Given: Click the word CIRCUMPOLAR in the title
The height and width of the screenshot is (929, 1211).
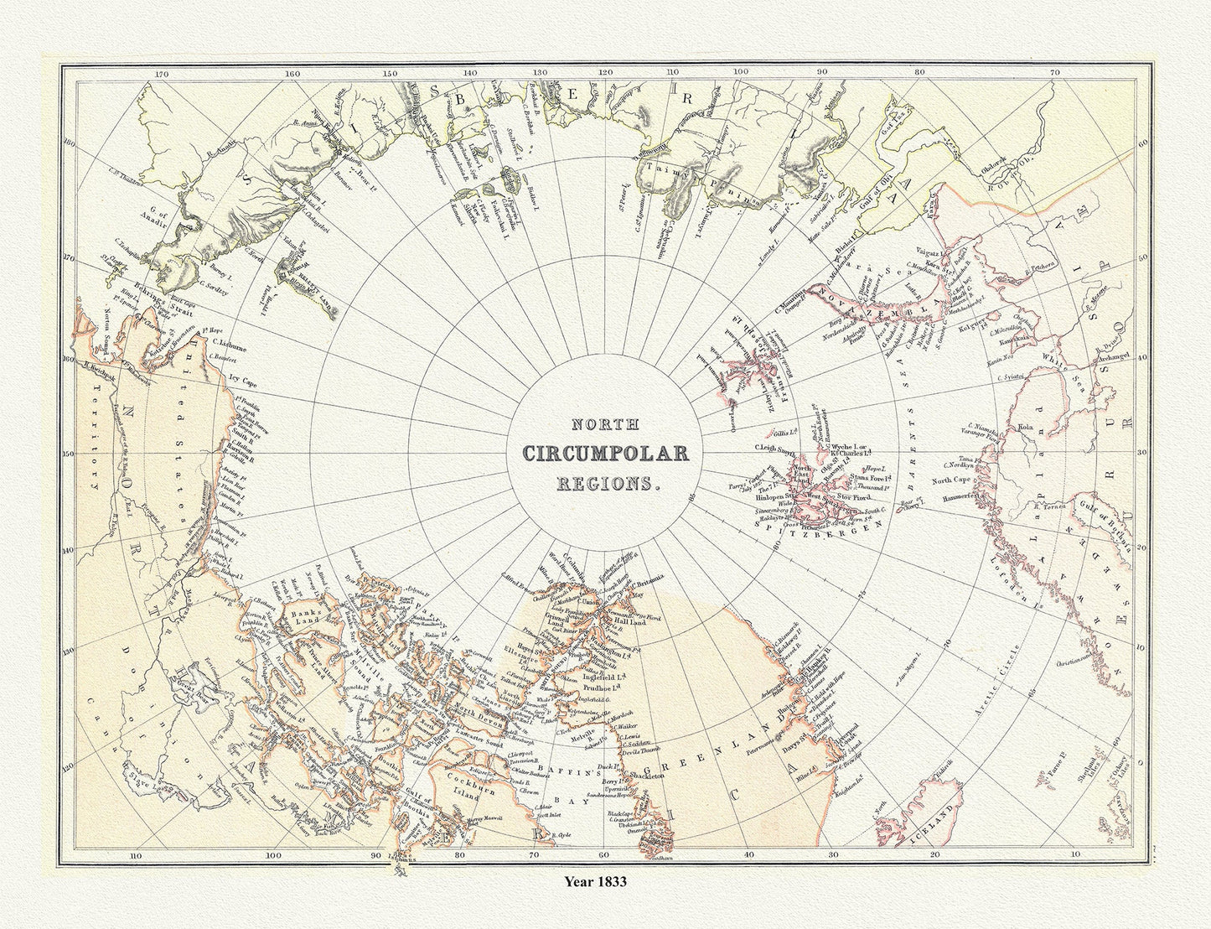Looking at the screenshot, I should (x=606, y=454).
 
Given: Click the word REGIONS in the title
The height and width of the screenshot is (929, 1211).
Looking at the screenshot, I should (x=606, y=484).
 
